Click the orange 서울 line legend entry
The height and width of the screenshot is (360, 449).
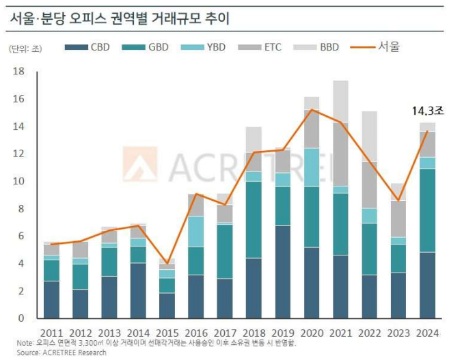(x=376, y=46)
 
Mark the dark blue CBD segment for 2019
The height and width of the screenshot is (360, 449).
(x=283, y=272)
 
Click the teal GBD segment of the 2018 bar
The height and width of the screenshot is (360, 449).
(x=254, y=219)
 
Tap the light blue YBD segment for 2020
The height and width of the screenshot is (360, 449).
(x=312, y=167)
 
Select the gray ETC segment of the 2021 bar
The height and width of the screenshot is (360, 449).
(x=340, y=154)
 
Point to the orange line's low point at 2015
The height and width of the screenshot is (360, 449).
(x=167, y=263)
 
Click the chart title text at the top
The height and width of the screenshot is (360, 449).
(x=120, y=18)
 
